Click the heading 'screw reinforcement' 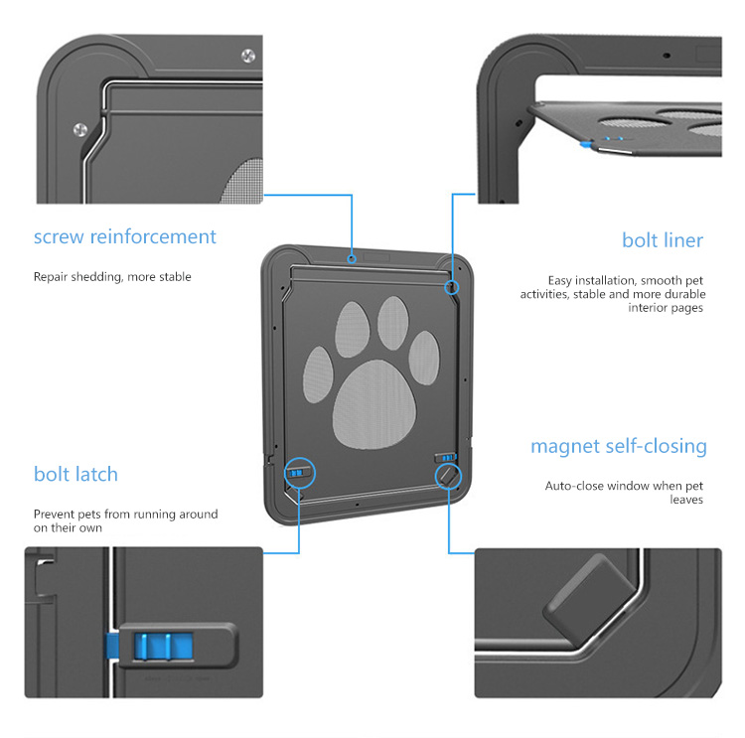[124, 236]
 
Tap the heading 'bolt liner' [663, 240]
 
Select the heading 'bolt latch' [75, 474]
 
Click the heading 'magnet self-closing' [619, 446]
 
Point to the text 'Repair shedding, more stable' [112, 277]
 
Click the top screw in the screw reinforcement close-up [248, 56]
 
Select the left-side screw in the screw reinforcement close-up [80, 129]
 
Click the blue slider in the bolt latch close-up [164, 646]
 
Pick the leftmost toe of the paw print [318, 374]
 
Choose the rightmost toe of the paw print [424, 358]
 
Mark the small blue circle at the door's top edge [352, 259]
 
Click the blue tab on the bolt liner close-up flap [586, 144]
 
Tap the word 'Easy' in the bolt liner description [559, 280]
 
